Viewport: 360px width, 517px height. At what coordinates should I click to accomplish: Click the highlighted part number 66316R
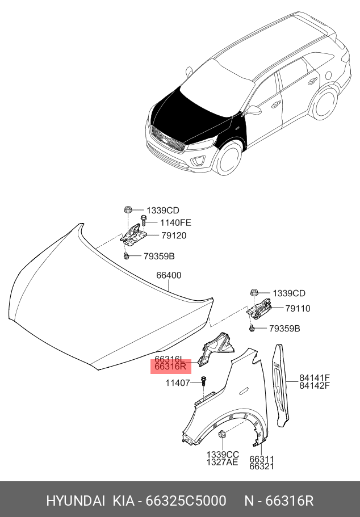pyautogui.click(x=171, y=367)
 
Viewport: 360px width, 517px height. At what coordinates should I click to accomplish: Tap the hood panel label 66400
pyautogui.click(x=169, y=276)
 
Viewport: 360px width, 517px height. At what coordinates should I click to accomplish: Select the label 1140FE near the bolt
pyautogui.click(x=161, y=223)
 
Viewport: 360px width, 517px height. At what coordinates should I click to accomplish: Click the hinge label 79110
pyautogui.click(x=298, y=309)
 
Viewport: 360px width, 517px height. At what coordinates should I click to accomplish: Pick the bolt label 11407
pyautogui.click(x=178, y=383)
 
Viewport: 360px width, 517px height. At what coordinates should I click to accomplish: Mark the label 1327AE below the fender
pyautogui.click(x=223, y=463)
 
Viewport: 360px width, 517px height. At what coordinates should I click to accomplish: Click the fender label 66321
pyautogui.click(x=262, y=466)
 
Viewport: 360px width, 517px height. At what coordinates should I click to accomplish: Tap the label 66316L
pyautogui.click(x=169, y=359)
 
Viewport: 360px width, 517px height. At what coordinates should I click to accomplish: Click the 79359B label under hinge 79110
pyautogui.click(x=284, y=329)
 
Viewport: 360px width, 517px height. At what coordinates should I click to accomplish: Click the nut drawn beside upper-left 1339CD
pyautogui.click(x=129, y=210)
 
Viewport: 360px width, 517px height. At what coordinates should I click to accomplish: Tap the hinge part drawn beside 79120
pyautogui.click(x=134, y=234)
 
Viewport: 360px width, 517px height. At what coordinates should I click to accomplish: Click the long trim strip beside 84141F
pyautogui.click(x=281, y=386)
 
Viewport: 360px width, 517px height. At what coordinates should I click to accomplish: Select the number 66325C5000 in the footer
pyautogui.click(x=186, y=501)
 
